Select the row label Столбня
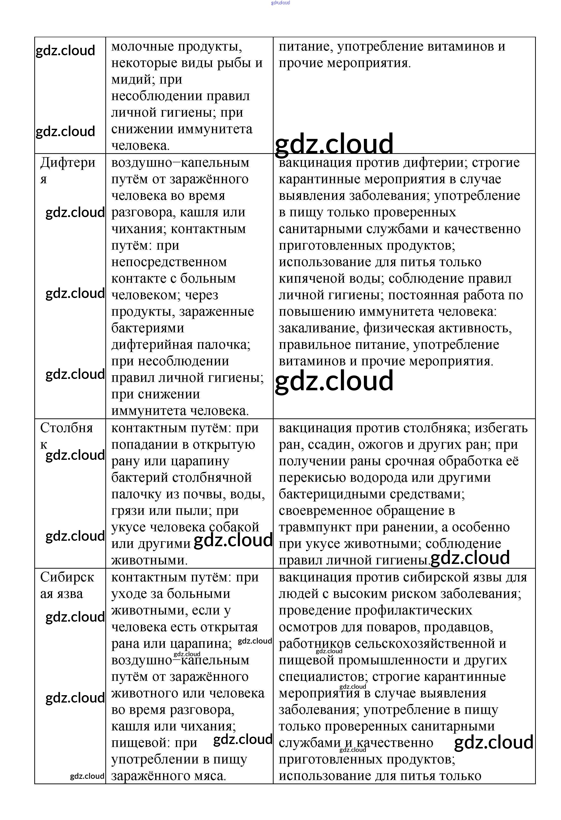[x=66, y=428]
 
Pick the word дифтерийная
[x=152, y=345]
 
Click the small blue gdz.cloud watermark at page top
[x=280, y=3]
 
